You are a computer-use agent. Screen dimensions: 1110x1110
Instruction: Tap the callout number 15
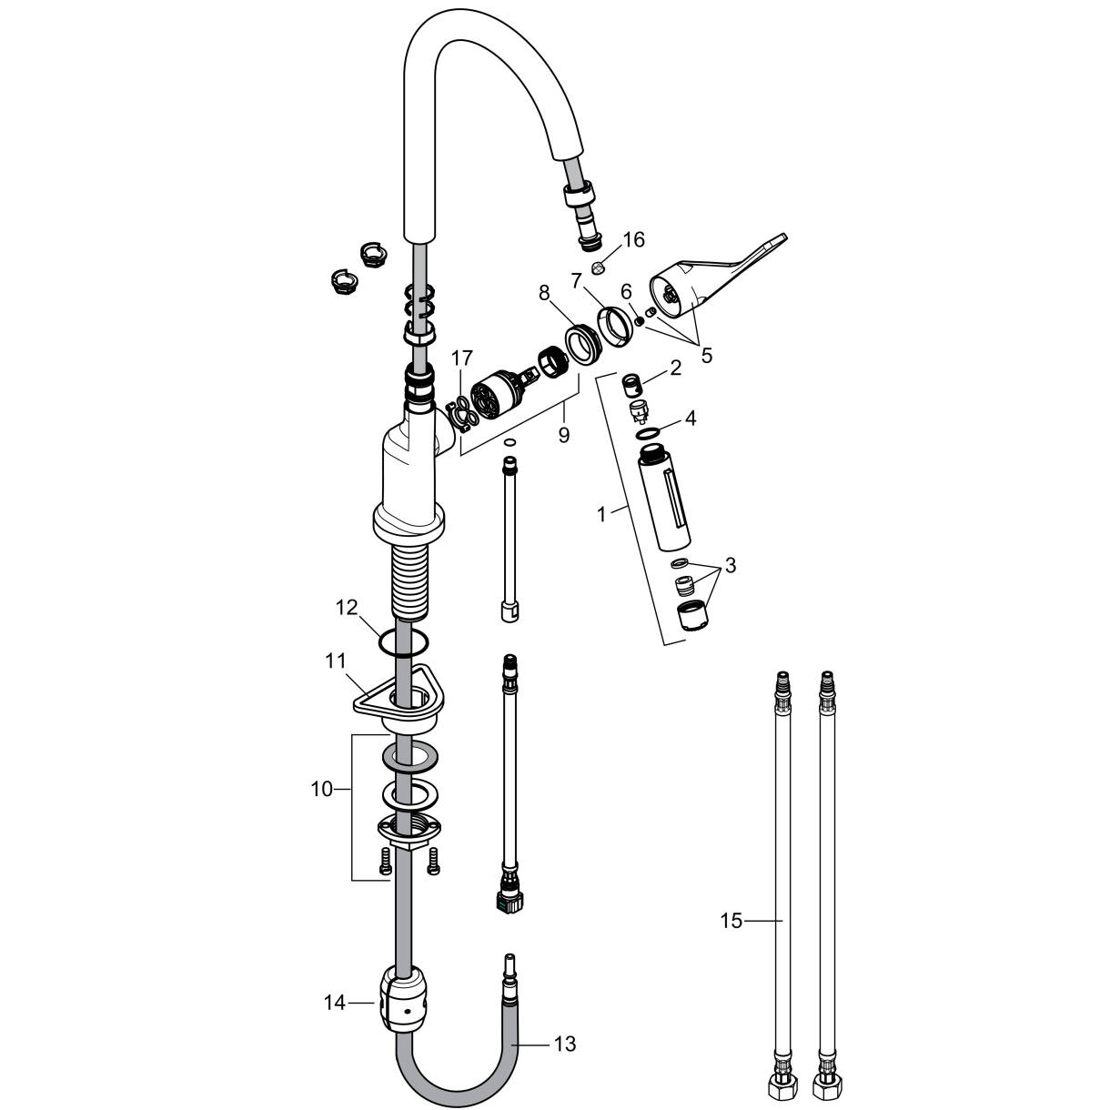pyautogui.click(x=731, y=922)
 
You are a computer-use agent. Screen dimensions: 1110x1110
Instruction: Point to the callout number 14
pyautogui.click(x=335, y=1003)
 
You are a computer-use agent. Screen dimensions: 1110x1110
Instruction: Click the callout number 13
pyautogui.click(x=565, y=1044)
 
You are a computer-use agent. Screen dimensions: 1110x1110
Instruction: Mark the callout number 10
pyautogui.click(x=321, y=790)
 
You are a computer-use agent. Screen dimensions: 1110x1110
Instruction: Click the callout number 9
pyautogui.click(x=563, y=435)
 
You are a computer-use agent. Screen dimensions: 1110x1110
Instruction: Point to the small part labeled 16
pyautogui.click(x=598, y=267)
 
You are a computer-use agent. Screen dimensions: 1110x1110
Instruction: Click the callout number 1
pyautogui.click(x=600, y=514)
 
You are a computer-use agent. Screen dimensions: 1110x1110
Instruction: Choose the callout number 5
pyautogui.click(x=707, y=354)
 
